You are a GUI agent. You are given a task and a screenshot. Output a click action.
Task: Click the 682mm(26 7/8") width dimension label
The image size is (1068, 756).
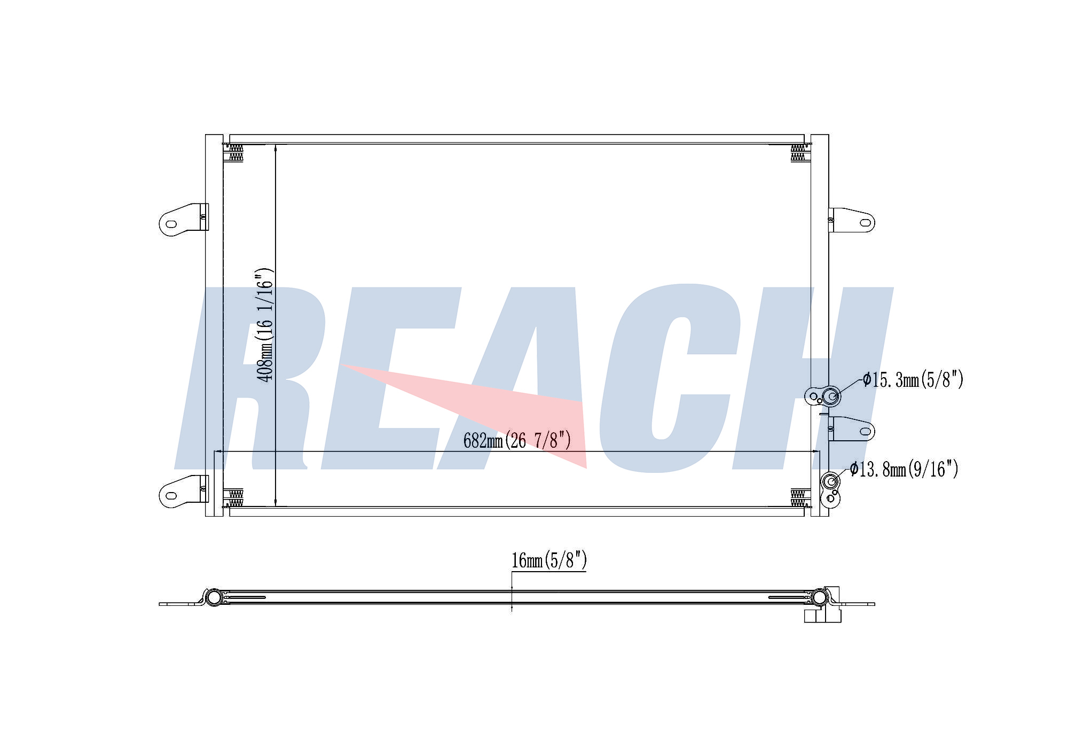tap(517, 441)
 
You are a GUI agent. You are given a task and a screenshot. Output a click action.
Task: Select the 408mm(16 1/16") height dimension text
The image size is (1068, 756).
tap(265, 325)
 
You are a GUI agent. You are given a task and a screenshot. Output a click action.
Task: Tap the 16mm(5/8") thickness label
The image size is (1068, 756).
tap(549, 560)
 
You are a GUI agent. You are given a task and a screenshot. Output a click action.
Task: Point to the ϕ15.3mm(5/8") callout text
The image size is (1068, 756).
tap(913, 380)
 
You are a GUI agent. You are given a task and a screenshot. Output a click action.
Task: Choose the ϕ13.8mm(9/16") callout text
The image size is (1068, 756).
tap(904, 469)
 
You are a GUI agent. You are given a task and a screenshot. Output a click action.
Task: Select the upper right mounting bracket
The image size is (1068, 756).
tap(851, 220)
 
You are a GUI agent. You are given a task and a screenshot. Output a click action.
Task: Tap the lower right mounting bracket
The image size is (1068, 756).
tap(851, 429)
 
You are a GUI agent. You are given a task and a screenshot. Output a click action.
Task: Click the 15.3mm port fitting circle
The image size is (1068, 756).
tap(831, 396)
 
